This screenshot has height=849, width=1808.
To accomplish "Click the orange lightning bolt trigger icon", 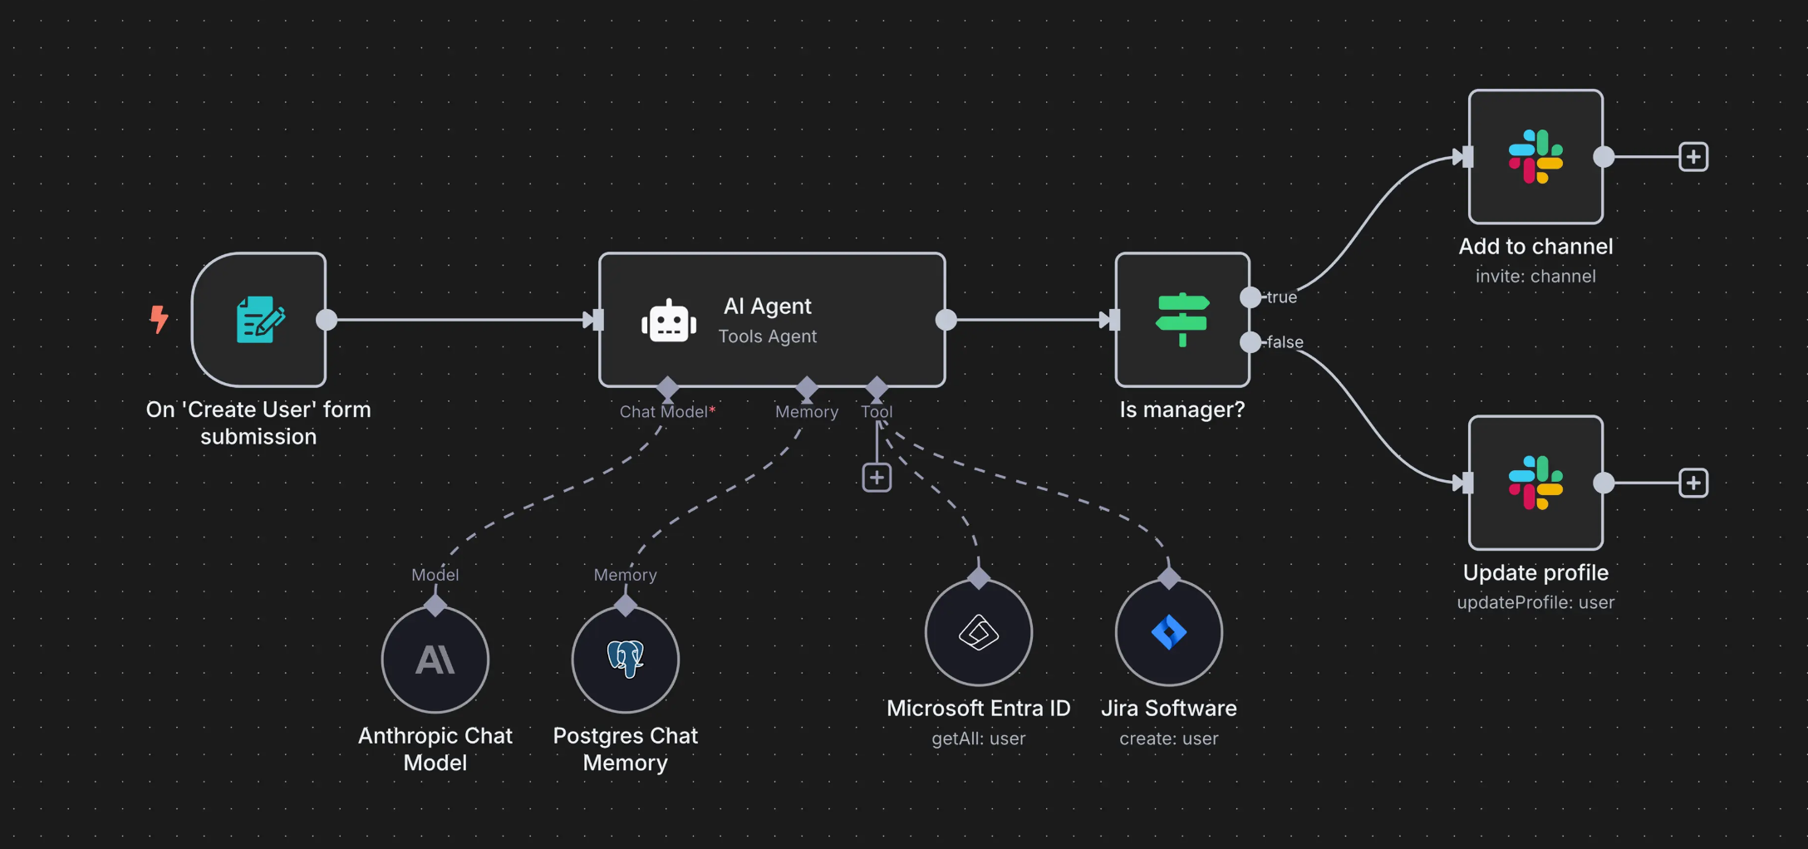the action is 159,319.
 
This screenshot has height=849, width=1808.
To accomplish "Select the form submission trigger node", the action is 259,320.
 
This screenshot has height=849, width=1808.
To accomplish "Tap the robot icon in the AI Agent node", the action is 669,321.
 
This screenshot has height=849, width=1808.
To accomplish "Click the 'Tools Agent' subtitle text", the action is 767,336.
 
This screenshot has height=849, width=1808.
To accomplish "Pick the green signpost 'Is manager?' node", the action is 1182,320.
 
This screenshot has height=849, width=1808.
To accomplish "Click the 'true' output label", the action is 1281,297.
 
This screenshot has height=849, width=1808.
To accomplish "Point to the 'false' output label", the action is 1285,342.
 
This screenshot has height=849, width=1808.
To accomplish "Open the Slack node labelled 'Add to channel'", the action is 1535,157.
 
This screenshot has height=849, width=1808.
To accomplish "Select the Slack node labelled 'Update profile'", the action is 1535,483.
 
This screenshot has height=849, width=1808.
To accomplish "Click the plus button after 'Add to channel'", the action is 1693,157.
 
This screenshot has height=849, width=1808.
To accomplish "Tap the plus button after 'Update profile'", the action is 1693,483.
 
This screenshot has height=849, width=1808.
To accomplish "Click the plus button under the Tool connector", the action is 877,478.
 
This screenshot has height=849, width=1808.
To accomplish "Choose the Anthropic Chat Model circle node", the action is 435,660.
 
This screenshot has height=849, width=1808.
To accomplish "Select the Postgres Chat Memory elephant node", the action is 626,660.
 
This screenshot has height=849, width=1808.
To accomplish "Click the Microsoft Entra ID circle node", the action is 979,632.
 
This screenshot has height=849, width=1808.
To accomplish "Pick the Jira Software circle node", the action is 1169,632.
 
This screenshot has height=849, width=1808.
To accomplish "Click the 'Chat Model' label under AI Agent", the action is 663,412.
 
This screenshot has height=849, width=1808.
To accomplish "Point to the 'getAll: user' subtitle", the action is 979,739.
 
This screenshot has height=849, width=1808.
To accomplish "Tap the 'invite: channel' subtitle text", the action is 1535,277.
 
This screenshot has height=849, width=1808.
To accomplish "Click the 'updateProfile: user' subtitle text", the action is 1535,602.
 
